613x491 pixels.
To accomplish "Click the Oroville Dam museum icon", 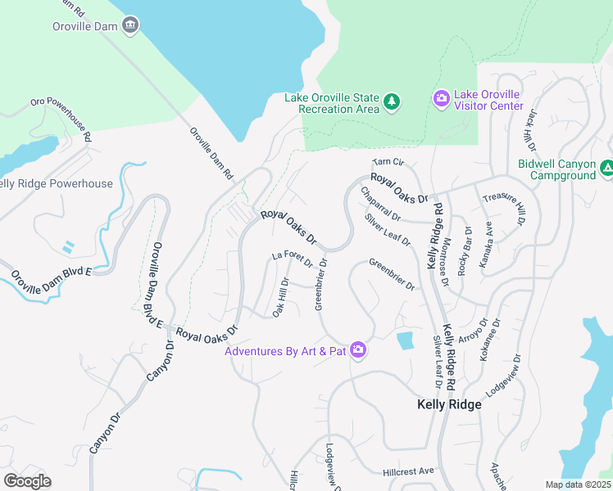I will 129,26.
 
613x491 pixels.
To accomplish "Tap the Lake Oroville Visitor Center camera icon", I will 442,99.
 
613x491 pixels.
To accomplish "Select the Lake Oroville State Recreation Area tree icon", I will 393,101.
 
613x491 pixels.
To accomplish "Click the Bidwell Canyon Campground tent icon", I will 606,168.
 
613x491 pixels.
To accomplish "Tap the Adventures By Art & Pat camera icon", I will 357,350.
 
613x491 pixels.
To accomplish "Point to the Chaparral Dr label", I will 380,205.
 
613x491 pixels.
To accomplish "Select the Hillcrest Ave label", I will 408,472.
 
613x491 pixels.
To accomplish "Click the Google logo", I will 27,481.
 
